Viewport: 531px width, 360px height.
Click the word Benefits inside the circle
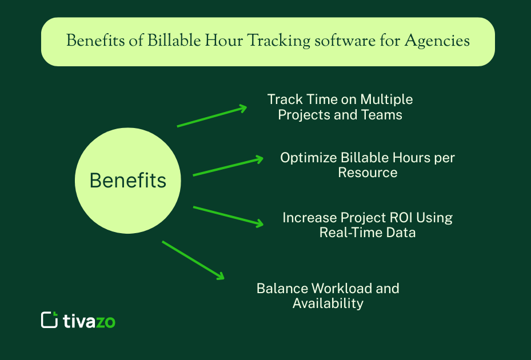(128, 181)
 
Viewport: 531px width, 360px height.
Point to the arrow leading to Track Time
(211, 116)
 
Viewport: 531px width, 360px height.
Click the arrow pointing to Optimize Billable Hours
(228, 166)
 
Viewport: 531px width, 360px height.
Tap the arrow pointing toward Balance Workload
(193, 259)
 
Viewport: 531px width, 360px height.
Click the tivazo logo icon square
(50, 319)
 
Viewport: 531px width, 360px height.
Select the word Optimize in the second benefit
(308, 158)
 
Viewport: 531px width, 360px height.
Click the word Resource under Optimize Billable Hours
(368, 173)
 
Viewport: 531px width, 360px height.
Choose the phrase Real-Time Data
(368, 233)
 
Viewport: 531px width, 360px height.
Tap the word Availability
(328, 303)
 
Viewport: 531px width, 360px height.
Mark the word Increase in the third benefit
(309, 218)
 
